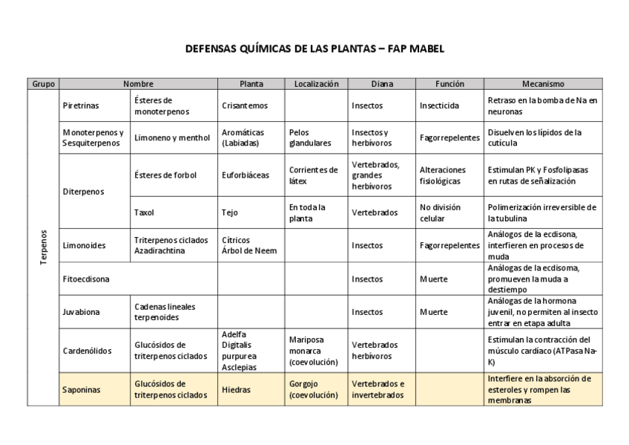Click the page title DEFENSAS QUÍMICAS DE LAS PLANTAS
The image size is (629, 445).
314,48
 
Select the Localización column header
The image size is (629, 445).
316,84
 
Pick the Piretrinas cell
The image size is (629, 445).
81,105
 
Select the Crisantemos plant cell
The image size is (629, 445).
245,105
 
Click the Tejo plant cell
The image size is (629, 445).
230,212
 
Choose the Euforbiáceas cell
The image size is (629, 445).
246,175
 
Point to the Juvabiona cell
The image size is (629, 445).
82,312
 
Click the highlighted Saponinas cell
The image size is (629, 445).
82,389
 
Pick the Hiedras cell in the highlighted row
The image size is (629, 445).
236,389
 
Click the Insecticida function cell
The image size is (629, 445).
439,105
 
